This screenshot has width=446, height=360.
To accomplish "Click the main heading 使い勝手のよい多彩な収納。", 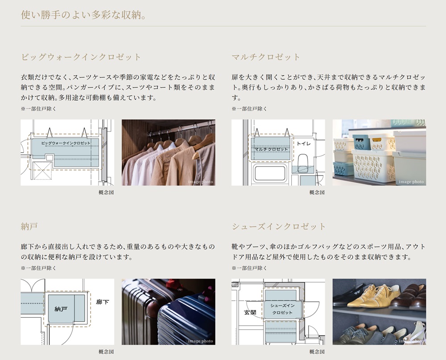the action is click(x=84, y=15).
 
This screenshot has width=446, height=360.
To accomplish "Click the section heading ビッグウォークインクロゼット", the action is click(x=81, y=57).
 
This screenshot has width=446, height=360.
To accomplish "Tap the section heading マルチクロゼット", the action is click(x=266, y=57).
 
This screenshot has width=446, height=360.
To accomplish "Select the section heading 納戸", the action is click(x=29, y=226).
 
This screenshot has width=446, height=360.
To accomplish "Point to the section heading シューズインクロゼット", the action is click(x=279, y=226).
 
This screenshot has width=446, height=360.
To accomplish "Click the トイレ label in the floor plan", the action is click(x=304, y=143).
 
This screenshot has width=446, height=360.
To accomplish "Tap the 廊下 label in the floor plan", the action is click(x=103, y=302).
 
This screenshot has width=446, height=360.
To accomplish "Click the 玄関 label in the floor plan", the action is click(x=250, y=312).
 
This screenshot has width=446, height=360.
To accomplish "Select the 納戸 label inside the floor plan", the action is click(x=61, y=309).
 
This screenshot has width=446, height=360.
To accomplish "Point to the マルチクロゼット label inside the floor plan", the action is click(x=271, y=149).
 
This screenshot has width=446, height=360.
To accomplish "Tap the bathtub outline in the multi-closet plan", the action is click(x=270, y=173).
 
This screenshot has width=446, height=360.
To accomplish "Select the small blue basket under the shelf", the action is click(x=343, y=168).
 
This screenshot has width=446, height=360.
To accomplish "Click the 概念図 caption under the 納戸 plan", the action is click(x=106, y=352).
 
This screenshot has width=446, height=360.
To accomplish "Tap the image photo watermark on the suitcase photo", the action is click(x=201, y=341).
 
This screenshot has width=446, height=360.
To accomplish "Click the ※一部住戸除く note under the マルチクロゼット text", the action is click(x=249, y=109).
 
